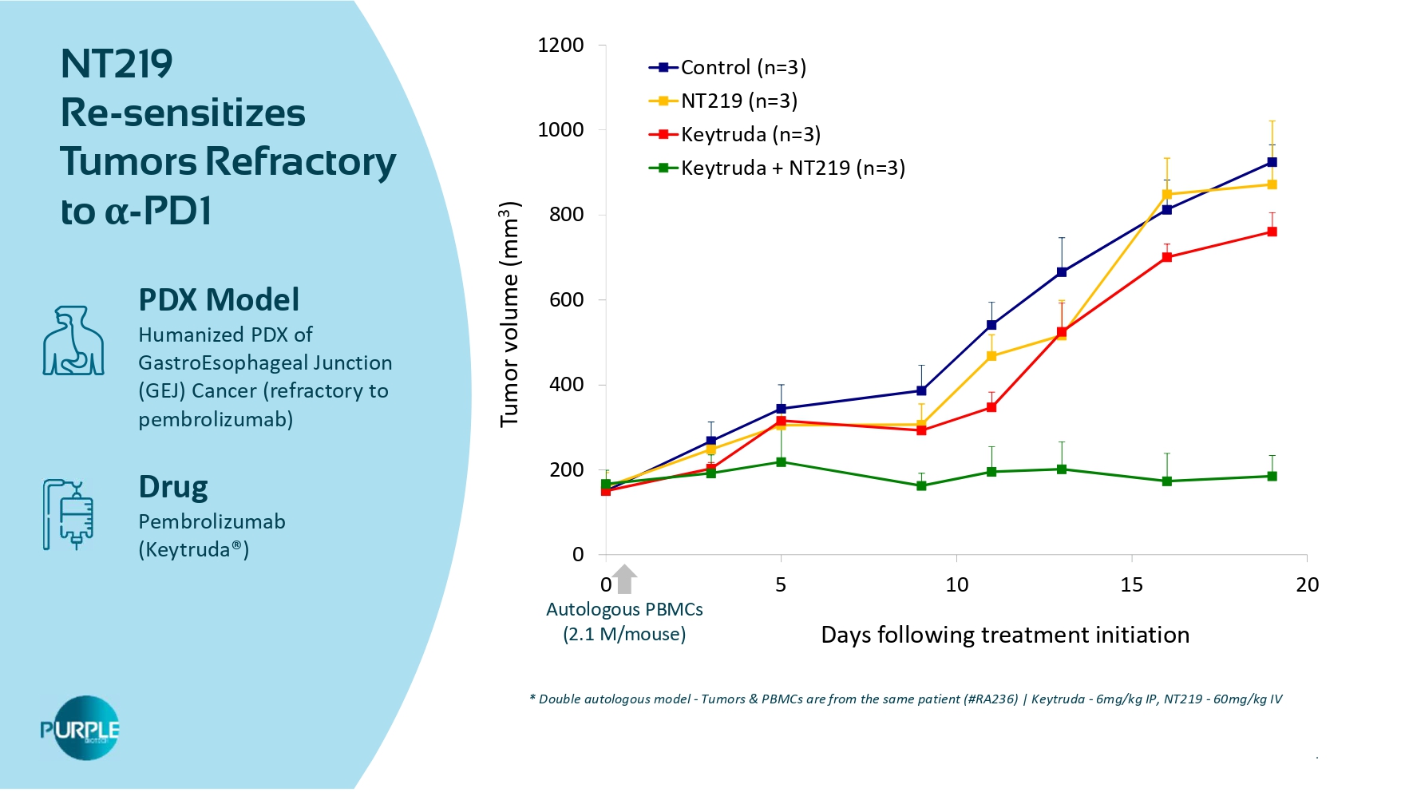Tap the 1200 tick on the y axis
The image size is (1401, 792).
[560, 46]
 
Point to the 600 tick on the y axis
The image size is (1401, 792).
[566, 300]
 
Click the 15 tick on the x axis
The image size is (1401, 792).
[1131, 585]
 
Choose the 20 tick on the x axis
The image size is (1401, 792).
[1307, 585]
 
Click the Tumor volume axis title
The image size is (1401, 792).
[509, 315]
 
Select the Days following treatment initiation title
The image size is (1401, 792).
[1005, 636]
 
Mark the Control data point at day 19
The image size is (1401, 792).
[1272, 163]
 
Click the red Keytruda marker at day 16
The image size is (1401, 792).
[1167, 258]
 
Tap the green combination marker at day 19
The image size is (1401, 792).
[1272, 477]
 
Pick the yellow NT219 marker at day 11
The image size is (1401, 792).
[991, 357]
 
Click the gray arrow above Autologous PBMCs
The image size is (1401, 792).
[625, 579]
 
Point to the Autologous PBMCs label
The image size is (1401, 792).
[624, 610]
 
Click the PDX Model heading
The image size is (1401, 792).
[219, 300]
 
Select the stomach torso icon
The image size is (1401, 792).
[73, 341]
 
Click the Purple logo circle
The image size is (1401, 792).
[84, 728]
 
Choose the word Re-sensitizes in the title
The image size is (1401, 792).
[183, 113]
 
